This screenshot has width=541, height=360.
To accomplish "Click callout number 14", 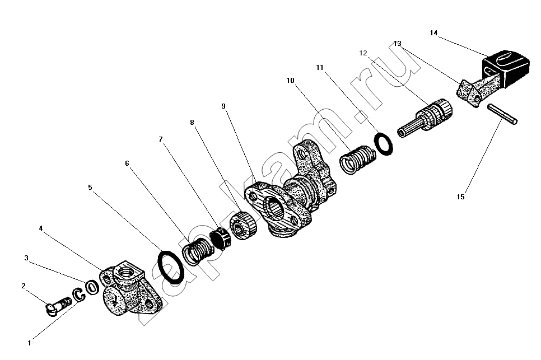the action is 433,33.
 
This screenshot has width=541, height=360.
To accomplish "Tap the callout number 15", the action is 460,197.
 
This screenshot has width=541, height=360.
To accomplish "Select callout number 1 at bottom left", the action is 29,343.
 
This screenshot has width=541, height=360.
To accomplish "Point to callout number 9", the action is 223,106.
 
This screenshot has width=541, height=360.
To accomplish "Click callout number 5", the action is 90,187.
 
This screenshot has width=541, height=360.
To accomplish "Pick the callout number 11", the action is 319,68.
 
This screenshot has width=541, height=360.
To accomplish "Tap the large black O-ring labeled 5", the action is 170,267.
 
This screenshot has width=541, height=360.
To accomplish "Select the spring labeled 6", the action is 198,250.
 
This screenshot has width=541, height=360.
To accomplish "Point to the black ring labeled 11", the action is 383,143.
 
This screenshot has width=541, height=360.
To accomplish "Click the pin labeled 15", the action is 502,114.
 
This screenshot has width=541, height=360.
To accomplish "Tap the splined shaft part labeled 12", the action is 425,117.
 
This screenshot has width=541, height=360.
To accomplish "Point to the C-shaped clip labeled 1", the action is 78,295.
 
